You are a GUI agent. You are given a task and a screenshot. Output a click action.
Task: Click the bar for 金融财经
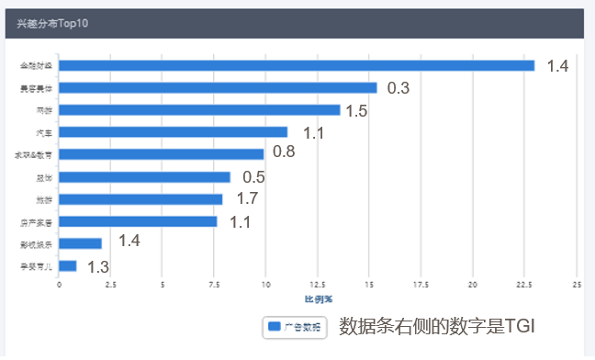point(297,65)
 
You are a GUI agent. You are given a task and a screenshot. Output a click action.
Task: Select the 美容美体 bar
point(218,87)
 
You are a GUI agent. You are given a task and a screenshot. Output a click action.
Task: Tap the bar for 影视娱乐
point(80,243)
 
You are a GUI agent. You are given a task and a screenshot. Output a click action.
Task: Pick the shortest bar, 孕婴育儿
point(68,265)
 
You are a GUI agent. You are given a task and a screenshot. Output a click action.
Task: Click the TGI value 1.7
point(247,198)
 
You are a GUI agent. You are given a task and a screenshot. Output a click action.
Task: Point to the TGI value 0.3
point(398,88)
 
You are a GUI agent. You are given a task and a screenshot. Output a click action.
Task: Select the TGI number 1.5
point(356,110)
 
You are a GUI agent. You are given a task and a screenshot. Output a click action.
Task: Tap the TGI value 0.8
point(284,152)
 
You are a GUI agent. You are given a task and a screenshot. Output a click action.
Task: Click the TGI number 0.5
point(253,177)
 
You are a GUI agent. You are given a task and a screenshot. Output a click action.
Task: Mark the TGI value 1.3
point(98,267)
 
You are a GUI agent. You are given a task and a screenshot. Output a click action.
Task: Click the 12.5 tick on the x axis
point(318,286)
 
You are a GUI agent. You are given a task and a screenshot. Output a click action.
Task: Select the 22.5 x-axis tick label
point(525,286)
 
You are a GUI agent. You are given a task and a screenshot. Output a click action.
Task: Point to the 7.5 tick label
point(214,286)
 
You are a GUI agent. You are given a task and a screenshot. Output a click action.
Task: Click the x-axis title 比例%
point(318,298)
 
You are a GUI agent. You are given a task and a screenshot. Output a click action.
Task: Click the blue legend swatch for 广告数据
point(274,327)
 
